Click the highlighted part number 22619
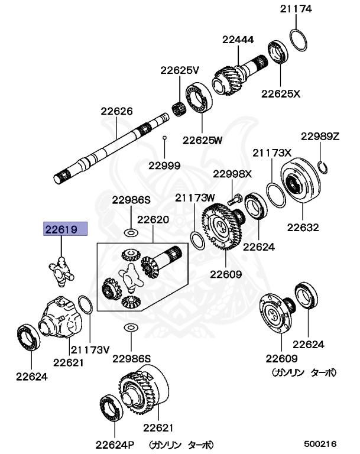63,229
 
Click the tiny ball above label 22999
165,138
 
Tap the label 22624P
115,445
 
